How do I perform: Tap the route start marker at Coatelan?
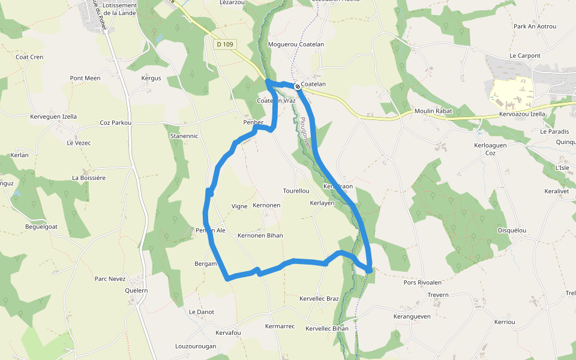(298, 86)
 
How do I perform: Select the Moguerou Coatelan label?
(296, 44)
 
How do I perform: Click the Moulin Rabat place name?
(433, 112)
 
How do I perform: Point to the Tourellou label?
(296, 191)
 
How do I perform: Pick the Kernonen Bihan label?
(260, 236)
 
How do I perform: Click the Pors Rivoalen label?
(422, 283)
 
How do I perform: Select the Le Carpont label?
(525, 56)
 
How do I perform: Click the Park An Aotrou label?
(535, 26)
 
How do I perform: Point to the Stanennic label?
(184, 136)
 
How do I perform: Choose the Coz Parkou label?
(115, 123)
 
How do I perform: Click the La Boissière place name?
(89, 178)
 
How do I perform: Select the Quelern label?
(136, 290)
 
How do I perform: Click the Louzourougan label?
(195, 346)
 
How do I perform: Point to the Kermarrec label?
(280, 326)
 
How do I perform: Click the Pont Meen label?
(85, 78)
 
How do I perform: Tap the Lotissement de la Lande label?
(120, 8)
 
